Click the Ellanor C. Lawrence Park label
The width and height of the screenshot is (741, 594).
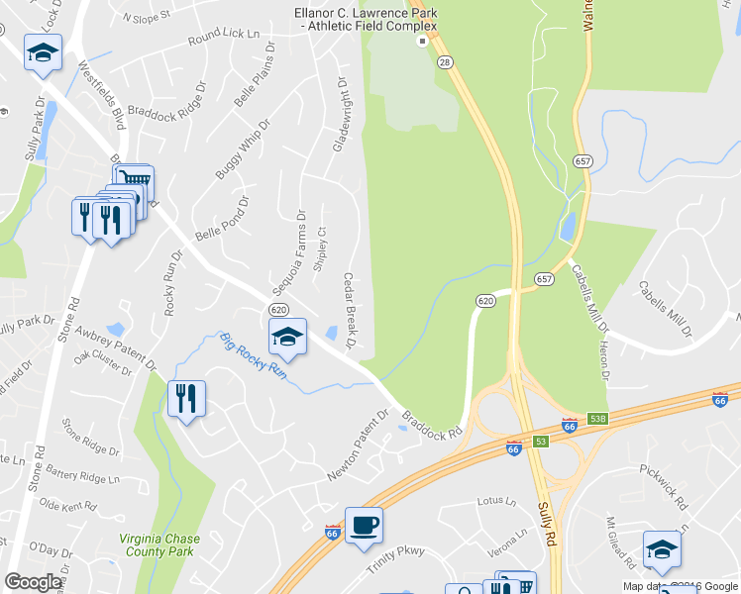366,19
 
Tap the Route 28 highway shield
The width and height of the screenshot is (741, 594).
446,62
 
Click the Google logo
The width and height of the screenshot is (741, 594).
33,582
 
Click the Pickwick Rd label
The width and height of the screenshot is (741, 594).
664,484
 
